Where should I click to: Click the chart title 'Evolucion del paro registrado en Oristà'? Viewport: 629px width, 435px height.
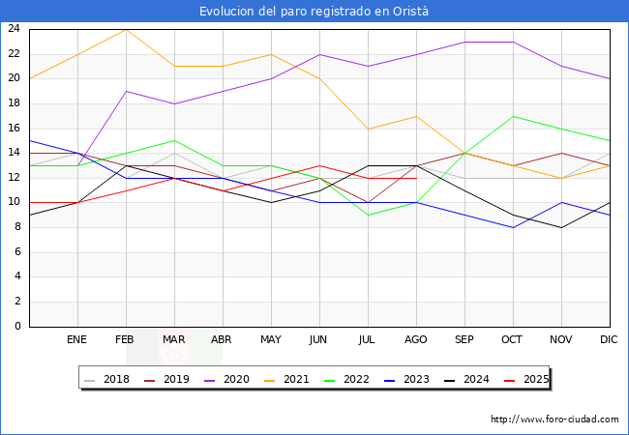[314, 12]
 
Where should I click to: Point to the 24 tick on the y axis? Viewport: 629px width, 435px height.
[15, 29]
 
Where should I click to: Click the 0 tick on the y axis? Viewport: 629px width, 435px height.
[17, 327]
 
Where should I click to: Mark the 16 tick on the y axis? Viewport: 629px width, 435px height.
[15, 129]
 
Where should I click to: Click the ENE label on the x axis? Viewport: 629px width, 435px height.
[77, 340]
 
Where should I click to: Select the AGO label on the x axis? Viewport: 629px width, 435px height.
[416, 340]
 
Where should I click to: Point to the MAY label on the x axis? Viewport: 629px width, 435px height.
[271, 340]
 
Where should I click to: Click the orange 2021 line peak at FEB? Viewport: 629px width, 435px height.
[126, 29]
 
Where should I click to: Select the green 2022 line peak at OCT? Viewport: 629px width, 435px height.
[513, 116]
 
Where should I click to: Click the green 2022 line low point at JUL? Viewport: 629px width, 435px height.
[368, 216]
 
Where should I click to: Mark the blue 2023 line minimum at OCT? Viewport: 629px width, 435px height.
[513, 227]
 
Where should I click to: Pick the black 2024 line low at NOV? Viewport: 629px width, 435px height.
[561, 227]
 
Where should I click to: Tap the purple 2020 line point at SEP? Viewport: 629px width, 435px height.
[464, 42]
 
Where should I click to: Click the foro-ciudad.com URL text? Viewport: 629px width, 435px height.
[554, 420]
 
